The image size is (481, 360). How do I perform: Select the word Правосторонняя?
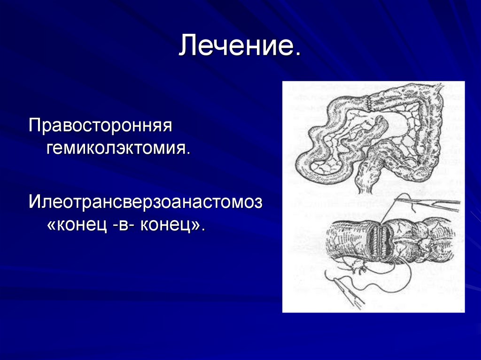101,126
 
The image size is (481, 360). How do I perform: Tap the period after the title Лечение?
297,54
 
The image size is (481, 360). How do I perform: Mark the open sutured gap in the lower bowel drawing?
380,237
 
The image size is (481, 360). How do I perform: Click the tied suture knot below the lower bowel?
358,269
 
